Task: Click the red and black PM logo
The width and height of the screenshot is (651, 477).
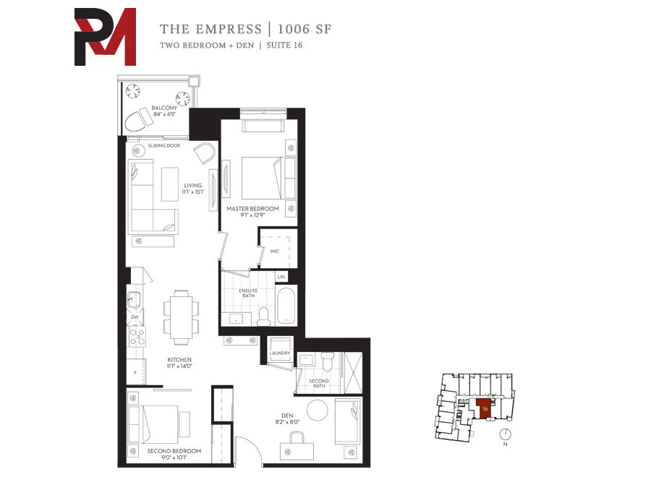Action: coord(105,37)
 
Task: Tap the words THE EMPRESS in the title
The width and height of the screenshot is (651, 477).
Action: coord(211,29)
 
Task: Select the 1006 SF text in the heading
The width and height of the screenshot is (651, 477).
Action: coord(305,29)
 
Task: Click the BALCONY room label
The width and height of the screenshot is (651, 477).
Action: coord(164,108)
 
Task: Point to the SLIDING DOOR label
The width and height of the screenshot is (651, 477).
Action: coord(164,145)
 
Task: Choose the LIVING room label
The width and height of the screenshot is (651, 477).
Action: coord(192,186)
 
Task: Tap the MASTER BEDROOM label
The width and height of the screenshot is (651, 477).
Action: coord(252,209)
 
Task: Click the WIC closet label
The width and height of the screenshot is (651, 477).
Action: coord(274,251)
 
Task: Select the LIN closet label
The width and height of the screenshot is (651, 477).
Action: coord(281,277)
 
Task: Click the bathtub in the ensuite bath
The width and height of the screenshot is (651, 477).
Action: coord(286,306)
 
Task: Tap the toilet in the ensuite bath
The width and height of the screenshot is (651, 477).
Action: coord(263,317)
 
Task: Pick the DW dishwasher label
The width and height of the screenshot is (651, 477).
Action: coord(135,317)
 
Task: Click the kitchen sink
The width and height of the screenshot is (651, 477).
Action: coord(134,299)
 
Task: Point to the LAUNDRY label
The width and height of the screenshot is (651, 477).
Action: coord(280,353)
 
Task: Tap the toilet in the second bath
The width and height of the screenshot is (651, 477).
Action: coord(328,361)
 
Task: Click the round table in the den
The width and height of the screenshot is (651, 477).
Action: coord(318,410)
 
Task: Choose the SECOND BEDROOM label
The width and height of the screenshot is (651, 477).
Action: coord(174,451)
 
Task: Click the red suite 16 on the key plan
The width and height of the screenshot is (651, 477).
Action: coord(485,409)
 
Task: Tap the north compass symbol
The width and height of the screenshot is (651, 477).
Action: coord(506,434)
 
